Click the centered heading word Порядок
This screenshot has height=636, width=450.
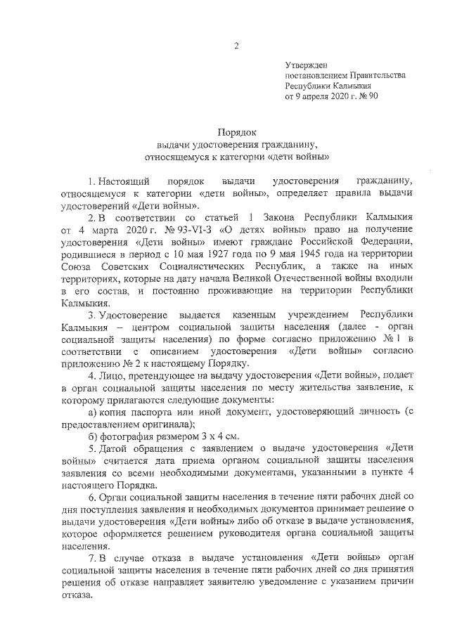pyautogui.click(x=236, y=131)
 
